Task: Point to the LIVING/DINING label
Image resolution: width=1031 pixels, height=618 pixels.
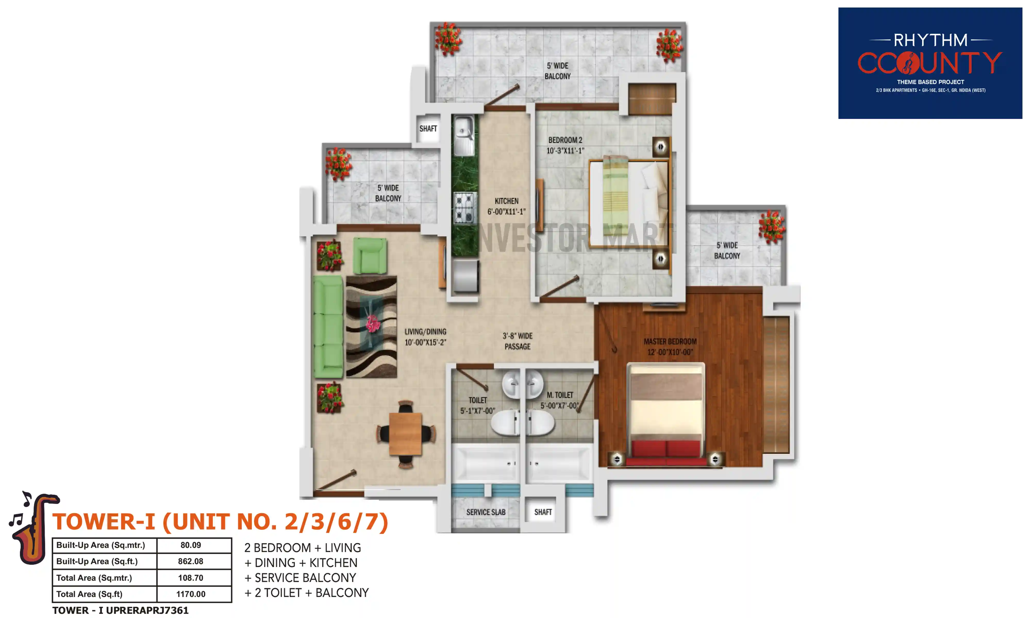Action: pyautogui.click(x=425, y=337)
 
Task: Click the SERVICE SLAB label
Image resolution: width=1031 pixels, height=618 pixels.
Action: pyautogui.click(x=486, y=512)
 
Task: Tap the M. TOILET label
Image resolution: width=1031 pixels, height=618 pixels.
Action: pyautogui.click(x=560, y=400)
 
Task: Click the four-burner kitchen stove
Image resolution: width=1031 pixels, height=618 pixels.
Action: pyautogui.click(x=464, y=207)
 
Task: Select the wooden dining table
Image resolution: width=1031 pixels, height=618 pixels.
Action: pyautogui.click(x=405, y=434)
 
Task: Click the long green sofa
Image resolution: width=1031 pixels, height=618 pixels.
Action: pyautogui.click(x=328, y=327)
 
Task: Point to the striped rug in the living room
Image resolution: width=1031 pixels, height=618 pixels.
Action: pyautogui.click(x=371, y=327)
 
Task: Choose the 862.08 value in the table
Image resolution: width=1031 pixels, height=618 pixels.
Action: pyautogui.click(x=190, y=561)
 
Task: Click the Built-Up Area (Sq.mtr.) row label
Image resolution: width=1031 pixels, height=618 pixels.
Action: pyautogui.click(x=101, y=545)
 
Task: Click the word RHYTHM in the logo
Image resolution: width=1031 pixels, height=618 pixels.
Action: pyautogui.click(x=930, y=40)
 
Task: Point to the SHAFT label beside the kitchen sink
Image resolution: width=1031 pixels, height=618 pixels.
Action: pyautogui.click(x=428, y=129)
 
